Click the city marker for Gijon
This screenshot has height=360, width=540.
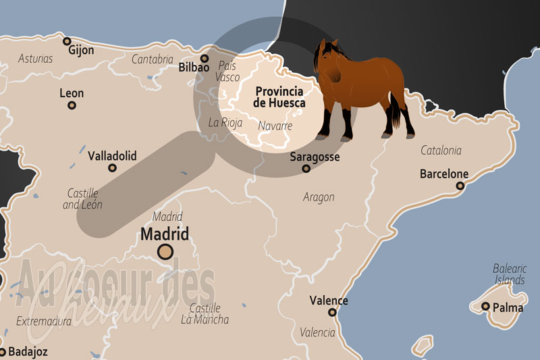[x=67, y=42]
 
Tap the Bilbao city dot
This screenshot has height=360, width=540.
[x=205, y=58]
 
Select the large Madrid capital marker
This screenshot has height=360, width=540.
[x=165, y=252]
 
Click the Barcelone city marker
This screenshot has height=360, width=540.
[x=460, y=186]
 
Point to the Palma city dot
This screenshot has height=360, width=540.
[x=485, y=307]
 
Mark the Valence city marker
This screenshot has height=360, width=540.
[x=332, y=312]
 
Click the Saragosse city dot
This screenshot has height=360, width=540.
[x=306, y=168]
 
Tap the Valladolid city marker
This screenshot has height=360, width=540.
[x=113, y=168]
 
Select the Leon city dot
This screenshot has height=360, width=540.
[x=72, y=105]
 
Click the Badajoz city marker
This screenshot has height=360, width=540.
[x=2, y=351]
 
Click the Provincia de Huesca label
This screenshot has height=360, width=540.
[x=279, y=97]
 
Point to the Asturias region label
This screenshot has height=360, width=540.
[x=36, y=59]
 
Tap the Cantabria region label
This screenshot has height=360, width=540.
[x=152, y=59]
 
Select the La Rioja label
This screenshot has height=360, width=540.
[x=225, y=123]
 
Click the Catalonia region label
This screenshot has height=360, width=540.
[x=441, y=151]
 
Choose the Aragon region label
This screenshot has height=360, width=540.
[x=319, y=197]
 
